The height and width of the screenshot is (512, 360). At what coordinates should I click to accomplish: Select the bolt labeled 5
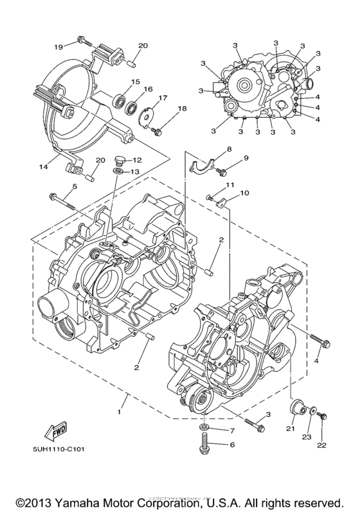click(x=62, y=199)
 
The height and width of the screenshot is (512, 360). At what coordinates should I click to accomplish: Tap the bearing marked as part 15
click(x=119, y=100)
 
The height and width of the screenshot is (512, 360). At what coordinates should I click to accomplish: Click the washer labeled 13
click(x=118, y=172)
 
